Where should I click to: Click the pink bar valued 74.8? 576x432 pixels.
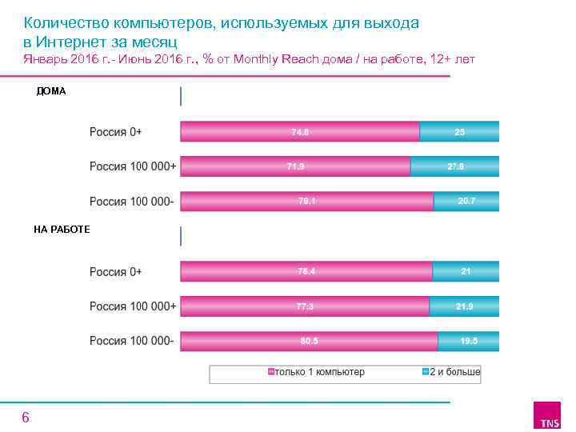pyautogui.click(x=299, y=131)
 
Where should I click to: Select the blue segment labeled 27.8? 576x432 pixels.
pyautogui.click(x=454, y=166)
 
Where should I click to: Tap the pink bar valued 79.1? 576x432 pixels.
pyautogui.click(x=306, y=201)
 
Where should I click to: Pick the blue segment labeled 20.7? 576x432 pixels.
pyautogui.click(x=466, y=201)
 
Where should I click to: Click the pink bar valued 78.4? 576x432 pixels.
pyautogui.click(x=306, y=271)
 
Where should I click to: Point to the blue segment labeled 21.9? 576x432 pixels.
pyautogui.click(x=464, y=306)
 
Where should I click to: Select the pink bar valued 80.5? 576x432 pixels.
pyautogui.click(x=309, y=342)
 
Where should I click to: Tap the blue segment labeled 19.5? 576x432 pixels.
pyautogui.click(x=468, y=342)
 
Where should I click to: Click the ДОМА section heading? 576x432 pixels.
pyautogui.click(x=51, y=91)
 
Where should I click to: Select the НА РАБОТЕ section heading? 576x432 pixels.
pyautogui.click(x=62, y=230)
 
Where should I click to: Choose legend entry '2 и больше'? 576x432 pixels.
pyautogui.click(x=451, y=373)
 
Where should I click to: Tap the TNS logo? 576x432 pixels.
pyautogui.click(x=550, y=416)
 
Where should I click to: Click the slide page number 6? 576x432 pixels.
pyautogui.click(x=26, y=418)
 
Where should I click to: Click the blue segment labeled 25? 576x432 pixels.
pyautogui.click(x=459, y=131)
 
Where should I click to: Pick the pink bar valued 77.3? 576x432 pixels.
pyautogui.click(x=304, y=306)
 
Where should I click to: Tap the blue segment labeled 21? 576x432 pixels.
pyautogui.click(x=466, y=271)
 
